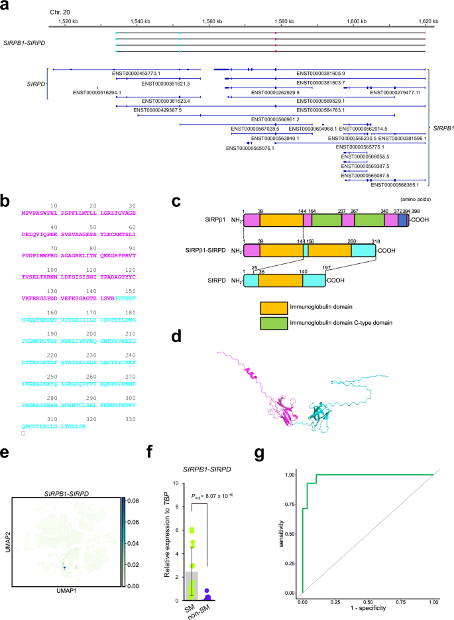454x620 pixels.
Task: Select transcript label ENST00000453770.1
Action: [x=137, y=73]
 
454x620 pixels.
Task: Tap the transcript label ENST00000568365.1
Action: [x=395, y=185]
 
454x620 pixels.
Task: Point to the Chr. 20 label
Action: [x=60, y=13]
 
